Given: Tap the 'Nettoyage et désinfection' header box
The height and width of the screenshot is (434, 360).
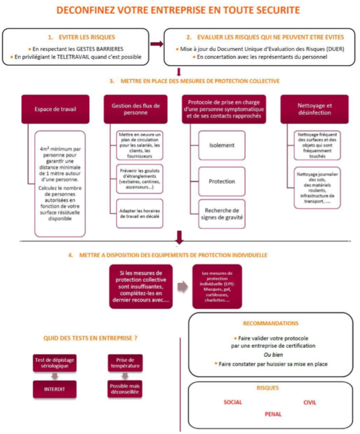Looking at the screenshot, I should click(314, 109).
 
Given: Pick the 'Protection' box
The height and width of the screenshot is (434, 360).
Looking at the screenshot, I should click(222, 181).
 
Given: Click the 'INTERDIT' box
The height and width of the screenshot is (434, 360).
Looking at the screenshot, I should click(54, 387).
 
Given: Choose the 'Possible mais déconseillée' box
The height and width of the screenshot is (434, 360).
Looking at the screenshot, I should click(123, 389).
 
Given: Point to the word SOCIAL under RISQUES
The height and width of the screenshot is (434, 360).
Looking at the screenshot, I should click(233, 402).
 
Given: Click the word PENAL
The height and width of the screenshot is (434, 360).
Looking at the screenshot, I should click(273, 414).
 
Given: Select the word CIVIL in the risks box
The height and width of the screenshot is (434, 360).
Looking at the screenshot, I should click(310, 402).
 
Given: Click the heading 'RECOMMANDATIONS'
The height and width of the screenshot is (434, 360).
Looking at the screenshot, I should click(270, 322).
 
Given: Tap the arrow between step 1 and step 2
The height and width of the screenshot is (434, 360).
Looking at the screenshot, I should click(157, 44).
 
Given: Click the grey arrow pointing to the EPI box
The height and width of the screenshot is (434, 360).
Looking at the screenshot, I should click(181, 286).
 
